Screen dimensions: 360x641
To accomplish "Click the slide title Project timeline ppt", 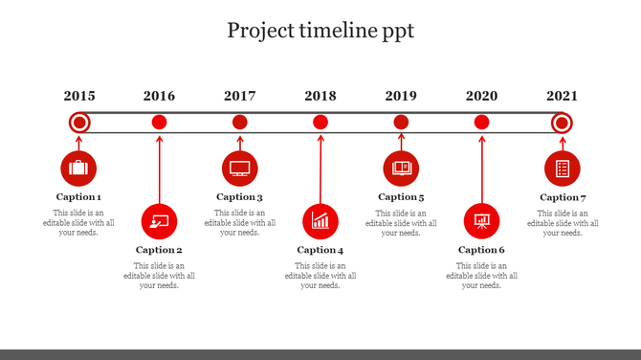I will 320,31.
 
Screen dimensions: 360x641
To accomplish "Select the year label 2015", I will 79,96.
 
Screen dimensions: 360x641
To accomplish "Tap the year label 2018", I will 320,96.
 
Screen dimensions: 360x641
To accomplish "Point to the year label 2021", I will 563,96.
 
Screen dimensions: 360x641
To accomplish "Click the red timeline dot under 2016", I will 160,122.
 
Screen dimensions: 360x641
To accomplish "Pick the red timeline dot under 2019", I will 402,122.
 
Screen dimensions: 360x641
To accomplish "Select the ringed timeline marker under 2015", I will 79,123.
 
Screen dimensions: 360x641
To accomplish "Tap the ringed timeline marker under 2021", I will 563,123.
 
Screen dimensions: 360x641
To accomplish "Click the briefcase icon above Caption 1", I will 78,169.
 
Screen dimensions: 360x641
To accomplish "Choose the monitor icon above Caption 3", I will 239,169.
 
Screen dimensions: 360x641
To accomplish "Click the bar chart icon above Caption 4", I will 320,221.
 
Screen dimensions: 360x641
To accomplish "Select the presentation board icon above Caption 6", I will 481,221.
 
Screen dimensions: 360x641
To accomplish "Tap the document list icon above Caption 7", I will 563,169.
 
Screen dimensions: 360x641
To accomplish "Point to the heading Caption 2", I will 159,250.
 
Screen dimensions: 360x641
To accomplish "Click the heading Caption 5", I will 401,197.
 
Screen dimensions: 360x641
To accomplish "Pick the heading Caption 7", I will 563,197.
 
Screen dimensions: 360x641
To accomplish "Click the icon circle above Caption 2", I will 159,221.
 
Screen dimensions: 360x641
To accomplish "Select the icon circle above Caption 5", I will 401,169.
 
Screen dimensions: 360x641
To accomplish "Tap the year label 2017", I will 240,96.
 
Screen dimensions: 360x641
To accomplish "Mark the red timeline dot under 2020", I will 482,122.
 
